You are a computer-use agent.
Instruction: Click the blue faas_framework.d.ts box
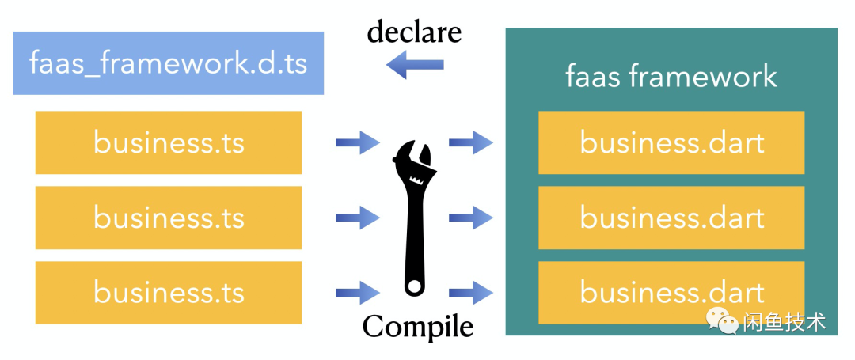pos(168,63)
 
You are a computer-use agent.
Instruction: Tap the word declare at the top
pos(413,32)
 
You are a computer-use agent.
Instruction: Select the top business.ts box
pos(169,142)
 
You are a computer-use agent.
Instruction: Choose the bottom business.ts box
pos(169,292)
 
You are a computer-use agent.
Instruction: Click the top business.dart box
pos(671,142)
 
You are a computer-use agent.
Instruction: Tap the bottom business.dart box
pos(671,292)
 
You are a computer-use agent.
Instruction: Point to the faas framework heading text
pos(671,77)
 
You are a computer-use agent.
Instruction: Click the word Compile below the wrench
pos(418,326)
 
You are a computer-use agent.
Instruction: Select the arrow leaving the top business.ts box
pos(358,143)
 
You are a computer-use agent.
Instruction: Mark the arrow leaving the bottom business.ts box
pos(358,292)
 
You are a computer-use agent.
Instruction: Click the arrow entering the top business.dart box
pos(471,143)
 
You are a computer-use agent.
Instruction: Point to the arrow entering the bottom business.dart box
pos(471,292)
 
